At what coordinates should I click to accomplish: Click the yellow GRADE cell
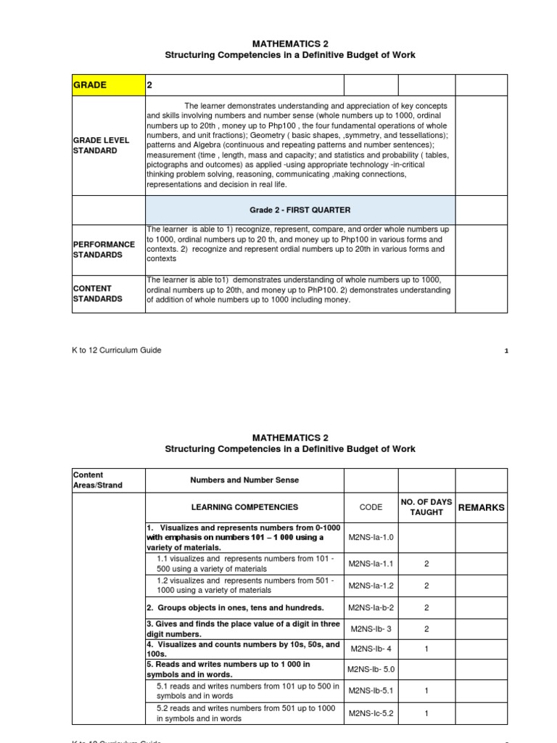[109, 85]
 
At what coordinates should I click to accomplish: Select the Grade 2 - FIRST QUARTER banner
[300, 210]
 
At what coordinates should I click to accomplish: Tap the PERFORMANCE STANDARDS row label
[103, 250]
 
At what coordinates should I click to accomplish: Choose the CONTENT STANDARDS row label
[98, 293]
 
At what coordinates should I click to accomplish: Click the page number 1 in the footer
[506, 351]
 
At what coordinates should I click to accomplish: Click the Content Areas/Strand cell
[98, 480]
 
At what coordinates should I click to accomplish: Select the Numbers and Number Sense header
[244, 480]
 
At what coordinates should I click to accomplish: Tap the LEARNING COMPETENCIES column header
[244, 507]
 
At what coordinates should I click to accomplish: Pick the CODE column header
[371, 507]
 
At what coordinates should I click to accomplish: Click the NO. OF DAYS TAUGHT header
[426, 507]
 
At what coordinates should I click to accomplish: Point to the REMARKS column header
[481, 507]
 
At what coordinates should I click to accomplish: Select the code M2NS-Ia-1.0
[371, 538]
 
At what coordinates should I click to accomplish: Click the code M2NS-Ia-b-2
[371, 607]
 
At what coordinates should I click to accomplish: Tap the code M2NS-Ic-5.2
[371, 713]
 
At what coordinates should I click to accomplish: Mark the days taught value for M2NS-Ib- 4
[426, 649]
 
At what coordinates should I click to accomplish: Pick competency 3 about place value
[243, 628]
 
